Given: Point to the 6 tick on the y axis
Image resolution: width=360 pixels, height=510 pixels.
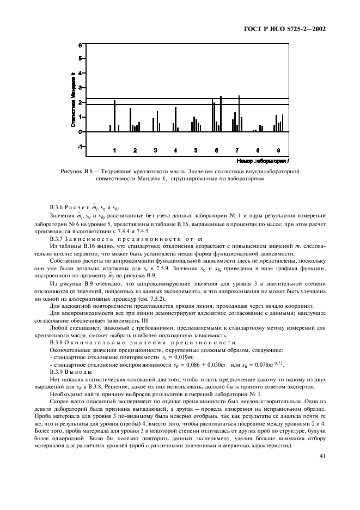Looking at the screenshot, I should click(80, 44).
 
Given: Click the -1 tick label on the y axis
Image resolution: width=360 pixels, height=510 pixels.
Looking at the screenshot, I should click(79, 147).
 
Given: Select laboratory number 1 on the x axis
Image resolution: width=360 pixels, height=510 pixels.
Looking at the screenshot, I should click(114, 150).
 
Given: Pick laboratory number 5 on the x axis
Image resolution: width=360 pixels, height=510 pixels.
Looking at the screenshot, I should click(196, 150).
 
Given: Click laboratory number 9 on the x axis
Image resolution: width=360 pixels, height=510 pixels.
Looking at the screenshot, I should click(278, 150).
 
